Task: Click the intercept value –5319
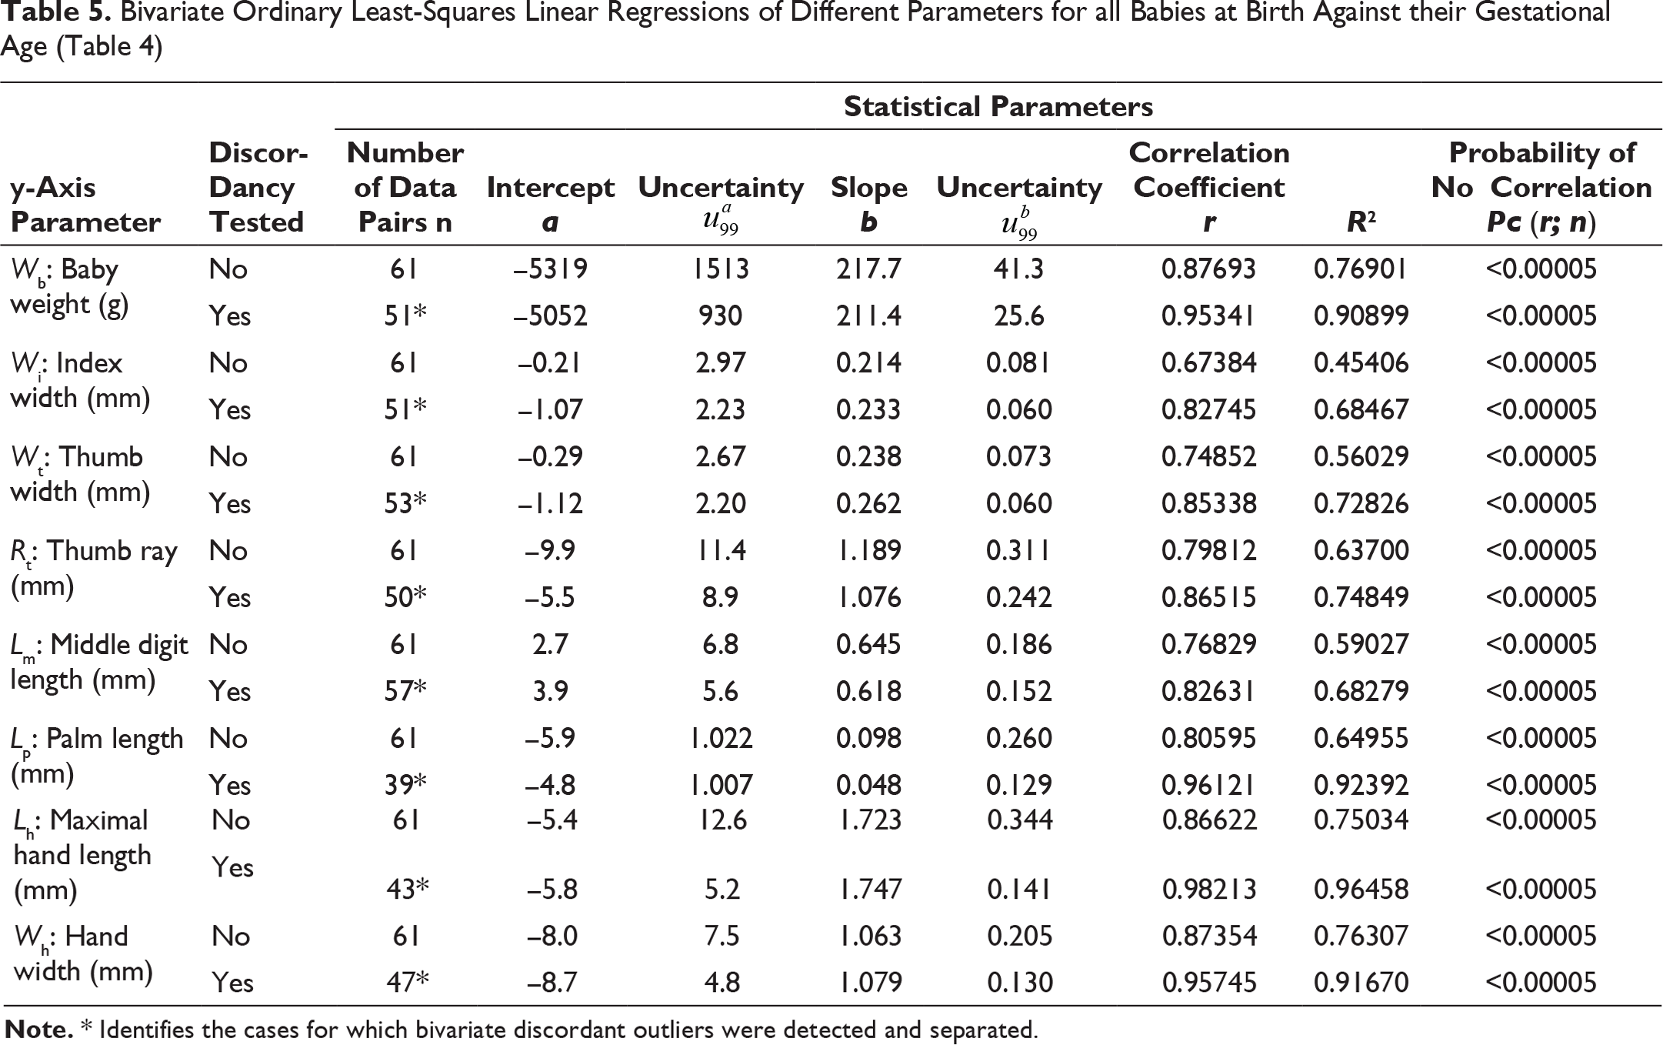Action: pos(552,269)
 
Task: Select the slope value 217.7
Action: pos(868,269)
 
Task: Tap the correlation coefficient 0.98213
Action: pos(1209,890)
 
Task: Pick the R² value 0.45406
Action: pos(1361,363)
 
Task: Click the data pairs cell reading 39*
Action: pos(405,785)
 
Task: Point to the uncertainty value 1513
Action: pos(721,269)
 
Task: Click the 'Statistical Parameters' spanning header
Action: pos(998,106)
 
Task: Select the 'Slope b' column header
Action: pos(869,205)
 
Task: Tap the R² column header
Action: pos(1361,222)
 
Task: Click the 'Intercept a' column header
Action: pos(551,205)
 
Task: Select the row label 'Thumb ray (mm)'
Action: pos(94,569)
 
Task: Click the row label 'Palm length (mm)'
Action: pos(97,756)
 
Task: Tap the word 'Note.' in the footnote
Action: pos(39,1030)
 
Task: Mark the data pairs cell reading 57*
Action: pos(405,691)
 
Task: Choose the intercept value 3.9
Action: pos(551,691)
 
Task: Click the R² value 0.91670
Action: pos(1361,983)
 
